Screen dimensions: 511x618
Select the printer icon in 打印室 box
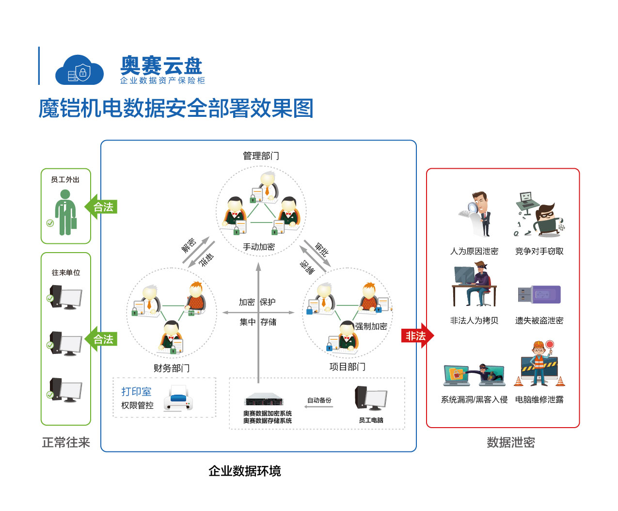click(x=178, y=398)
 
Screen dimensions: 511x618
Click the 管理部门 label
click(x=261, y=156)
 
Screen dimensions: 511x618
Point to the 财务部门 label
click(x=172, y=368)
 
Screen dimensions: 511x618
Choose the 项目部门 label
click(x=347, y=367)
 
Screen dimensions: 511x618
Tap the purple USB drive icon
click(x=539, y=294)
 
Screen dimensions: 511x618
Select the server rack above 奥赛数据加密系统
click(x=263, y=400)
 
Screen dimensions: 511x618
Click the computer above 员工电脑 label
click(x=370, y=399)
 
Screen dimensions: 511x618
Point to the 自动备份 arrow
click(x=319, y=406)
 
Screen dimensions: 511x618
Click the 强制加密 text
click(x=371, y=326)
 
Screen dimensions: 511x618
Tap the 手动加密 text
click(x=259, y=247)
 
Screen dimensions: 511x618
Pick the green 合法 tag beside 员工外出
click(x=102, y=207)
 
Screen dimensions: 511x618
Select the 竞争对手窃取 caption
click(x=539, y=251)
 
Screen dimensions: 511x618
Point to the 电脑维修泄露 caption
click(x=539, y=399)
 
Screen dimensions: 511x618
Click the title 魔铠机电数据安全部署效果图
click(x=176, y=108)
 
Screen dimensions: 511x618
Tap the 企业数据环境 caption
click(x=244, y=471)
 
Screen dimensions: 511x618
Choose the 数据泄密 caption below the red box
click(x=510, y=442)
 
